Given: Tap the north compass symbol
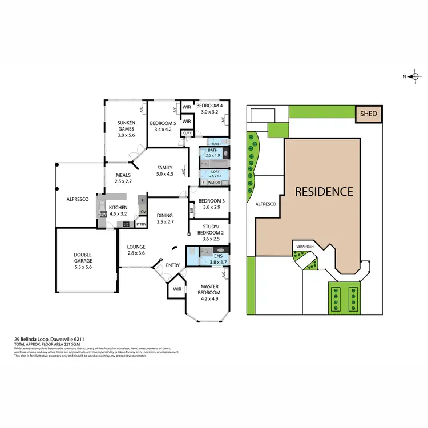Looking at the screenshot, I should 415,76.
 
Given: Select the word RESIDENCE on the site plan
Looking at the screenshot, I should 324,191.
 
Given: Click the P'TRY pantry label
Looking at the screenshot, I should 141,225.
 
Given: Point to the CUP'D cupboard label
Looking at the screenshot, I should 187,134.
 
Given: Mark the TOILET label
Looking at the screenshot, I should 216,144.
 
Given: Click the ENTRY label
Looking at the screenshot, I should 172,265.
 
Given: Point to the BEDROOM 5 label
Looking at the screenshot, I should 163,126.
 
